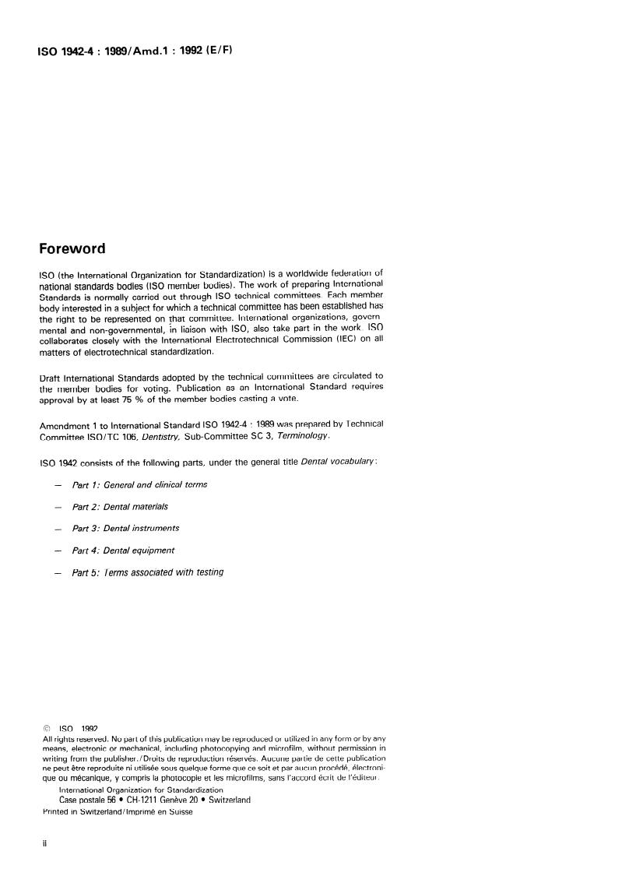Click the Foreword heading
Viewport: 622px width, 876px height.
tap(72, 249)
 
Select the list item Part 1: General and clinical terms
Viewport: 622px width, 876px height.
tap(139, 484)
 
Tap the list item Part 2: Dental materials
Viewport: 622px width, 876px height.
tap(119, 506)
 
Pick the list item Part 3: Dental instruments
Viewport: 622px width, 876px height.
tap(125, 528)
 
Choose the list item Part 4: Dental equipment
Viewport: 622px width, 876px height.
tap(123, 550)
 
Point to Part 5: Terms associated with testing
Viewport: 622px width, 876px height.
tap(147, 572)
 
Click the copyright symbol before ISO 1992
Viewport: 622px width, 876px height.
tap(47, 729)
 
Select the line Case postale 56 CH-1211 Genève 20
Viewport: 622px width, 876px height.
tap(155, 800)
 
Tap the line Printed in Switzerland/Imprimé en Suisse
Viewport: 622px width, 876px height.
tap(117, 811)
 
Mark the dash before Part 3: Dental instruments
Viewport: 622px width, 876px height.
tap(58, 529)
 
